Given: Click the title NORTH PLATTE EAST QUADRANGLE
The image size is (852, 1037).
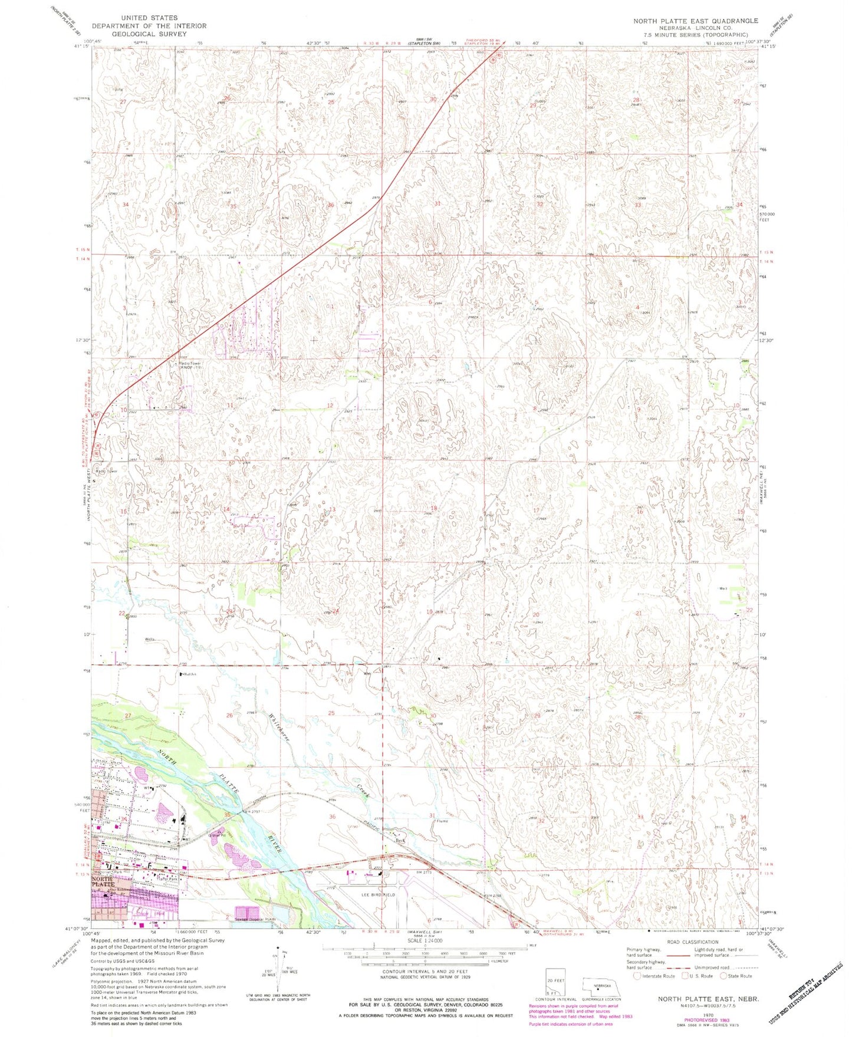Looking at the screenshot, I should point(696,21).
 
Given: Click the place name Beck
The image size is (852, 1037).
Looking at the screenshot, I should point(401,841).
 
